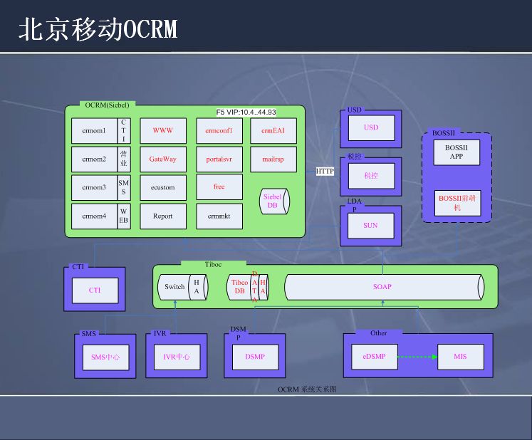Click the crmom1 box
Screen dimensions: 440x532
point(94,131)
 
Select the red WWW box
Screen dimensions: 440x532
point(163,131)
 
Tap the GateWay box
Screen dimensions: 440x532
point(163,159)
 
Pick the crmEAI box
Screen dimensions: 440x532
point(273,131)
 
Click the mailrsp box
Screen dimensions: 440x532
point(273,159)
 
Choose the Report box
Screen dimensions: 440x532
point(163,216)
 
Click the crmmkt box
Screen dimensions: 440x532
point(219,216)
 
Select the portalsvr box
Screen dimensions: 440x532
point(219,159)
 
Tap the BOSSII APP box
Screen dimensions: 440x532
point(457,152)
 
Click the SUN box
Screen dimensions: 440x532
point(370,225)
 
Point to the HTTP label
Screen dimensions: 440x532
point(325,171)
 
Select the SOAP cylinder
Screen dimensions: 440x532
point(383,287)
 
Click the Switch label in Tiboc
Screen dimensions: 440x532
point(174,287)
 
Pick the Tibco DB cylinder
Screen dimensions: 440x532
point(239,287)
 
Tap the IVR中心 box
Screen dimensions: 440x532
point(177,357)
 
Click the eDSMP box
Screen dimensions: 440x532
point(374,356)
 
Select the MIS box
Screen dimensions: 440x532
point(460,356)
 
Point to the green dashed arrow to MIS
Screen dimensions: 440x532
point(416,356)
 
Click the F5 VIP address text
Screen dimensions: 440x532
point(246,112)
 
